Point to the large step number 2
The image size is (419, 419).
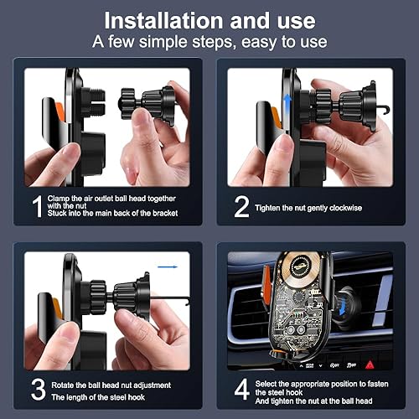[x=241, y=205]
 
